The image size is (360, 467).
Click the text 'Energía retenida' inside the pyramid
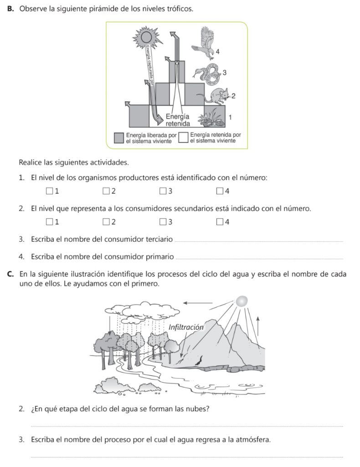[x=178, y=120]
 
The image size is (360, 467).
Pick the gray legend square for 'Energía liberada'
[x=119, y=137]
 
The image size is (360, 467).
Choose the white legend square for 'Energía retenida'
[x=183, y=137]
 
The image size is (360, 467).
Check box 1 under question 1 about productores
[x=49, y=191]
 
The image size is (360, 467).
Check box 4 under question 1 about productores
[x=220, y=191]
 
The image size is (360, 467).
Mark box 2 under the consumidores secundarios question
[x=106, y=222]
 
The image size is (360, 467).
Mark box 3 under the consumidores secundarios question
[x=163, y=222]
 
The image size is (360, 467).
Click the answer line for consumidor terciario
[x=258, y=241]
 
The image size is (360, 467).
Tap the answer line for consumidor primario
[x=258, y=259]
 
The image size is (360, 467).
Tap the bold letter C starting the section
[x=10, y=274]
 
